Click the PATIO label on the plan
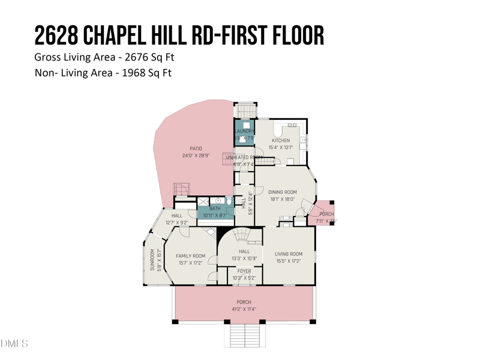coord(196,148)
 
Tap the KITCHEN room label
coord(281,140)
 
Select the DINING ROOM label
coord(283,192)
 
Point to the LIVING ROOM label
coord(289,254)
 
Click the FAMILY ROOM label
coord(191,256)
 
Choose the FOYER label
coord(244,271)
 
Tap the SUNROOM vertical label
coord(152,260)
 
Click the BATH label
coord(215,208)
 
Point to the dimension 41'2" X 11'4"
coord(244,309)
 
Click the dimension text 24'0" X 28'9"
coord(195,155)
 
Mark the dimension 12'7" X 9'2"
coord(177,223)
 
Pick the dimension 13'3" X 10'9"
coord(244,259)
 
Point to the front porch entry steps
coord(244,334)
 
